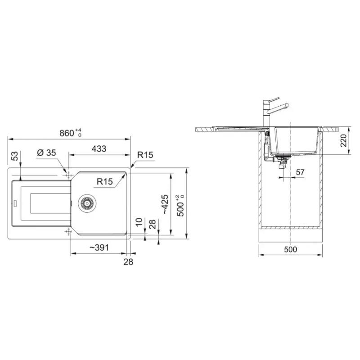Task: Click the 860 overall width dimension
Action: point(70,133)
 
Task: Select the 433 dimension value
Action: point(99,149)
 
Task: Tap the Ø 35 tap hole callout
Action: point(46,153)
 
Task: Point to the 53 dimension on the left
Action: point(15,156)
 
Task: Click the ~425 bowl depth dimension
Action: point(165,204)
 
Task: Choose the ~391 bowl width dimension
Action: point(99,247)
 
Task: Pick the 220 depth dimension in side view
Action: point(343,140)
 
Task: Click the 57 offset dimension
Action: point(300,172)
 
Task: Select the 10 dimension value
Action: point(139,222)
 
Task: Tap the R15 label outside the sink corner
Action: point(145,155)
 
